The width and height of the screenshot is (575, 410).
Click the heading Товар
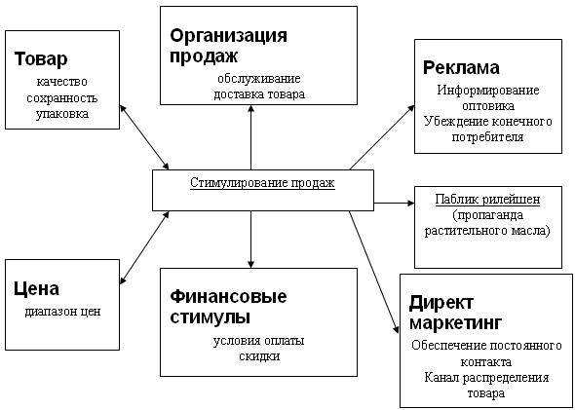click(41, 59)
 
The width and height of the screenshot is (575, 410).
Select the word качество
click(62, 82)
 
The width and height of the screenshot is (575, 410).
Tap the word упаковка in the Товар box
click(62, 114)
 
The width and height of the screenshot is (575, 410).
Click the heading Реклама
click(461, 68)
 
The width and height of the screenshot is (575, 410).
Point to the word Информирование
click(488, 91)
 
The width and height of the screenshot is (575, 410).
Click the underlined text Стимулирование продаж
click(262, 182)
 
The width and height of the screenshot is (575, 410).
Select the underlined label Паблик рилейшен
click(487, 200)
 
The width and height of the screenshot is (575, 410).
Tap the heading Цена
click(36, 288)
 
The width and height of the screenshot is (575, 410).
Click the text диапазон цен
click(62, 312)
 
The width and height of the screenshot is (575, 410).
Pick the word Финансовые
click(228, 296)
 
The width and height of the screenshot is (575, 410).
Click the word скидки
click(259, 356)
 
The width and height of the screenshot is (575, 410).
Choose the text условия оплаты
click(259, 341)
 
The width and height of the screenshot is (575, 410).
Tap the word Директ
click(441, 303)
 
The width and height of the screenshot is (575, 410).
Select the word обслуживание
click(259, 79)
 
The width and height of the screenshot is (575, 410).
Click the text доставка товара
click(259, 94)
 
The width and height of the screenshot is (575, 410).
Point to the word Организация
click(228, 35)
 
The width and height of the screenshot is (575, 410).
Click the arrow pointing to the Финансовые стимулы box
click(250, 240)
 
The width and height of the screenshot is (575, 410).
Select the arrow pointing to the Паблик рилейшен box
click(394, 203)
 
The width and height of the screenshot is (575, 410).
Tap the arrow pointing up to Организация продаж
click(250, 137)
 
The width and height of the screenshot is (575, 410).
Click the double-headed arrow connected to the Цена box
click(144, 247)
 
